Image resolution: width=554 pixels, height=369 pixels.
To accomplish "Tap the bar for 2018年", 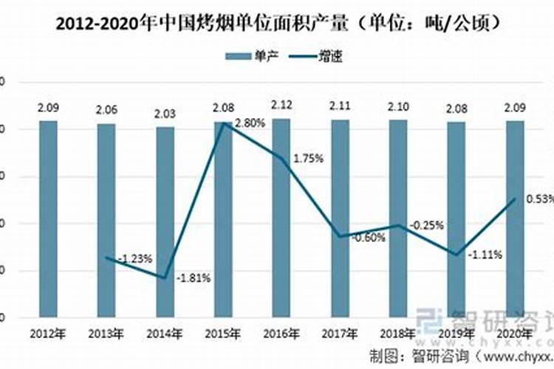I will pyautogui.click(x=398, y=218).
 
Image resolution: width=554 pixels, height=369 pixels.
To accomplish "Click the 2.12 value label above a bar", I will pyautogui.click(x=281, y=104).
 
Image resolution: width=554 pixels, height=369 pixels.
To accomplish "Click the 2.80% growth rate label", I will pyautogui.click(x=250, y=123).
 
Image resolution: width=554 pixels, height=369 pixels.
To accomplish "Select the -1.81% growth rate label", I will pyautogui.click(x=194, y=278).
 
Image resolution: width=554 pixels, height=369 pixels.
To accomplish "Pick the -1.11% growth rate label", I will pyautogui.click(x=485, y=255).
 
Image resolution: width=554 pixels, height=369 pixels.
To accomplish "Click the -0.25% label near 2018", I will pyautogui.click(x=428, y=225).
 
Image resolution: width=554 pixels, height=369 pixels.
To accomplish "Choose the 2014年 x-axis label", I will pyautogui.click(x=165, y=334).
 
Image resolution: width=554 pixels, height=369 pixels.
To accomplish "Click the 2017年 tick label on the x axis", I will pyautogui.click(x=340, y=334).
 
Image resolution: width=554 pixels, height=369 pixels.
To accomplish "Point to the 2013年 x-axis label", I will pyautogui.click(x=106, y=334).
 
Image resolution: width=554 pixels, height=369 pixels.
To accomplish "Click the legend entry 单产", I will pyautogui.click(x=256, y=55).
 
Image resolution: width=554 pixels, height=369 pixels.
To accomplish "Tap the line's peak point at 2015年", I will pyautogui.click(x=223, y=123).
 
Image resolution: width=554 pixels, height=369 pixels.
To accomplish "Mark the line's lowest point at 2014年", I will pyautogui.click(x=165, y=277).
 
